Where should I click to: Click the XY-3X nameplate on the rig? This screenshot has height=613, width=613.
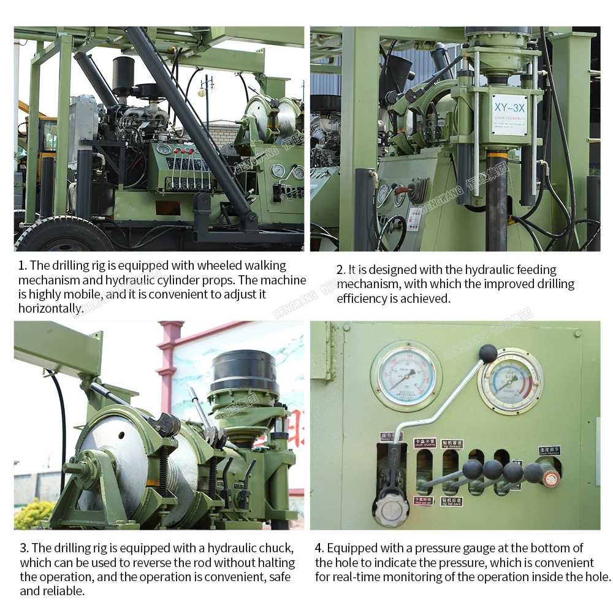coord(509,114)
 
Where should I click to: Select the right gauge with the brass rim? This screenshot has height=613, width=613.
coord(510,381)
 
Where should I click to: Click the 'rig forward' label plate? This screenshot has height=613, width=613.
coord(452,443)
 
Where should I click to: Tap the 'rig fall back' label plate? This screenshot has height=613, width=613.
coord(451,501)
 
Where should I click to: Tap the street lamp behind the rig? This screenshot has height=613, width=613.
coord(206,92)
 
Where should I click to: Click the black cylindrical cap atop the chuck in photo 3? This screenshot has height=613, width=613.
coord(244,370)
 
